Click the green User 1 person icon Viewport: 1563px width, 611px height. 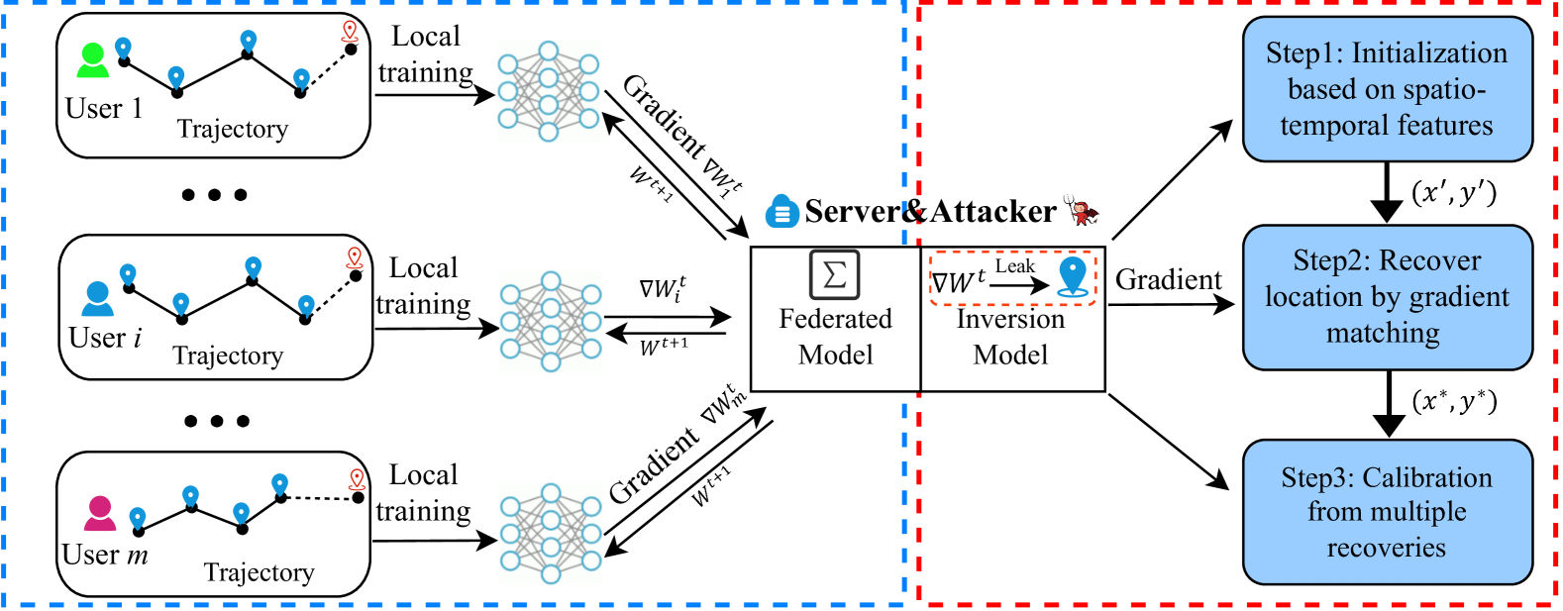pyautogui.click(x=93, y=61)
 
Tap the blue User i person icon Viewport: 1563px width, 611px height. pyautogui.click(x=98, y=298)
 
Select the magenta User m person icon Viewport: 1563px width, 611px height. pyautogui.click(x=100, y=513)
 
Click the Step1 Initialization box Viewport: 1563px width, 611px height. pyautogui.click(x=1387, y=89)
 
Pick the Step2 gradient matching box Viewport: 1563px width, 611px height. pyautogui.click(x=1387, y=297)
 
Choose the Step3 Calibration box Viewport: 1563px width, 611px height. pyautogui.click(x=1387, y=512)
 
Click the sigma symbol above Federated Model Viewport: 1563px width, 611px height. pyautogui.click(x=834, y=274)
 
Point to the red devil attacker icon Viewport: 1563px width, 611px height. pyautogui.click(x=1082, y=210)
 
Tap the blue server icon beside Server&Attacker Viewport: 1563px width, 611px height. pyautogui.click(x=781, y=211)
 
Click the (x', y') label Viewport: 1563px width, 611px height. pyautogui.click(x=1453, y=192)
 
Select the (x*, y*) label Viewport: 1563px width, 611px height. pyautogui.click(x=1453, y=400)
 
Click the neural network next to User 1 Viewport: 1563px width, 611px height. pyautogui.click(x=548, y=91)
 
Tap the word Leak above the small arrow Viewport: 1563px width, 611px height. pyautogui.click(x=1014, y=266)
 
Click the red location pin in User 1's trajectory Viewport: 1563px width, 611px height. pyautogui.click(x=349, y=32)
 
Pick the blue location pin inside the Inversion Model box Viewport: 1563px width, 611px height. pyautogui.click(x=1073, y=276)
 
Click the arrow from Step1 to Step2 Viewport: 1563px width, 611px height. pyautogui.click(x=1388, y=193)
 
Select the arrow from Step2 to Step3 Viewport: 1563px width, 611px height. pyautogui.click(x=1389, y=404)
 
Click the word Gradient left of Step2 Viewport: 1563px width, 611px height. pyautogui.click(x=1168, y=280)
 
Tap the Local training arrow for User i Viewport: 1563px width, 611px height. pyautogui.click(x=436, y=329)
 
